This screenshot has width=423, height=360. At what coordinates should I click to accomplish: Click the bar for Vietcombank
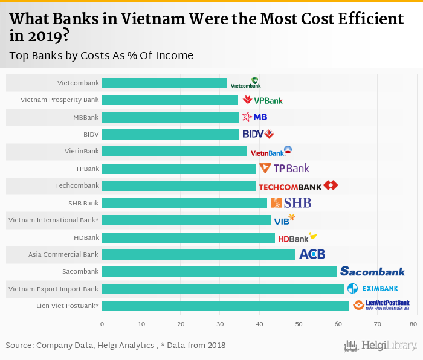coord(164,83)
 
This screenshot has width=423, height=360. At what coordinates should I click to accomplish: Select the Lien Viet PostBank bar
coord(225,306)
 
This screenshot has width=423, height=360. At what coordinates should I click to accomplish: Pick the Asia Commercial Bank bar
coord(199,254)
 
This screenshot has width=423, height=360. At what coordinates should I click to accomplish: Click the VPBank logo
coord(262,100)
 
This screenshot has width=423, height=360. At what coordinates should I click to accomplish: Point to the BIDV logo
coord(258,133)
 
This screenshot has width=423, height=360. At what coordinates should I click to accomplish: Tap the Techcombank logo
coord(298,186)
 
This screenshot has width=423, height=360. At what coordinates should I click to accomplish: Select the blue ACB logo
coord(312,254)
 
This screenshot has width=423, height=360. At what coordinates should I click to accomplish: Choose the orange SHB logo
coord(291,203)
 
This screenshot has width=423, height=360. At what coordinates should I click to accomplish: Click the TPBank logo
coord(284,169)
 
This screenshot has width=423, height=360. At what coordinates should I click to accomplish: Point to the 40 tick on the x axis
coord(259,324)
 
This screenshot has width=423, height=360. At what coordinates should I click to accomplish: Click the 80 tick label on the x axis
coord(413,324)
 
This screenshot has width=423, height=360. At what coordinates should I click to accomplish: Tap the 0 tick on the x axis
coord(102,324)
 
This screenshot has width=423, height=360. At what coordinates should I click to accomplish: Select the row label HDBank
coord(86,237)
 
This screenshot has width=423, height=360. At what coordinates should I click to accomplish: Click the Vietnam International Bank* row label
coord(53,220)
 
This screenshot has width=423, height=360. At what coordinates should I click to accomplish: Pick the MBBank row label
coord(85,117)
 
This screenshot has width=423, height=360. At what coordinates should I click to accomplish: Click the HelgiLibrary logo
coord(380,346)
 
